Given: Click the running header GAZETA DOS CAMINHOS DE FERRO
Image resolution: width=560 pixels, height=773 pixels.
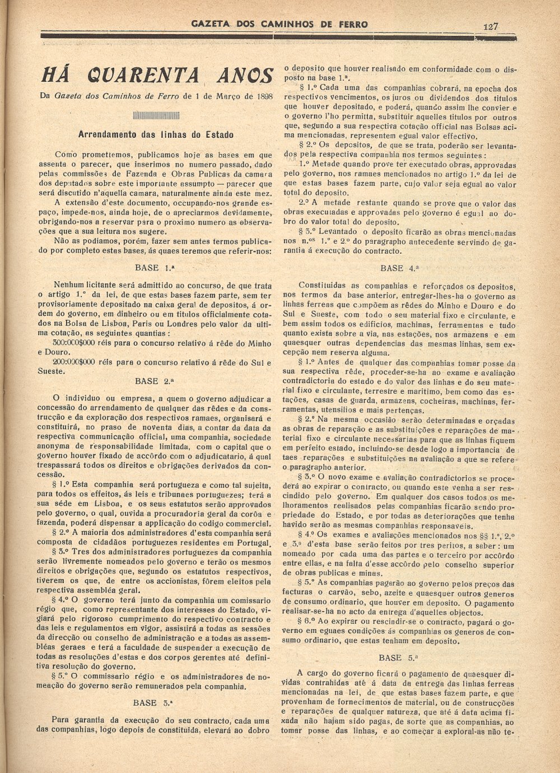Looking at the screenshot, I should pos(279,24).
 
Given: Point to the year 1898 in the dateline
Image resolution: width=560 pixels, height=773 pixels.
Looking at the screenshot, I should pos(262,96).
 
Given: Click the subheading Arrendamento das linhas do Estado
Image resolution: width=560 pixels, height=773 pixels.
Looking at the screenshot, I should pos(156,135).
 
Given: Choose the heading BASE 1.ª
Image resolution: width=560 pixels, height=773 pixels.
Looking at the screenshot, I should pos(154,268).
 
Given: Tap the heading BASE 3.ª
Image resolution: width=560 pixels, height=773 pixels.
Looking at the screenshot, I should pos(153,702).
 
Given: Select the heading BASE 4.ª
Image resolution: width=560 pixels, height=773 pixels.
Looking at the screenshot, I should pos(399,268).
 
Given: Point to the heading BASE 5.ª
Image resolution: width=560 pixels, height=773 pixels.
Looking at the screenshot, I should pos(399,658).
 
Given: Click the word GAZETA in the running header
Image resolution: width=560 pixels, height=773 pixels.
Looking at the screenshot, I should pos(207,24).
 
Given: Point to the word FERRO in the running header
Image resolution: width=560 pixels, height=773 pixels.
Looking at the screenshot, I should pos(351,24).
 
